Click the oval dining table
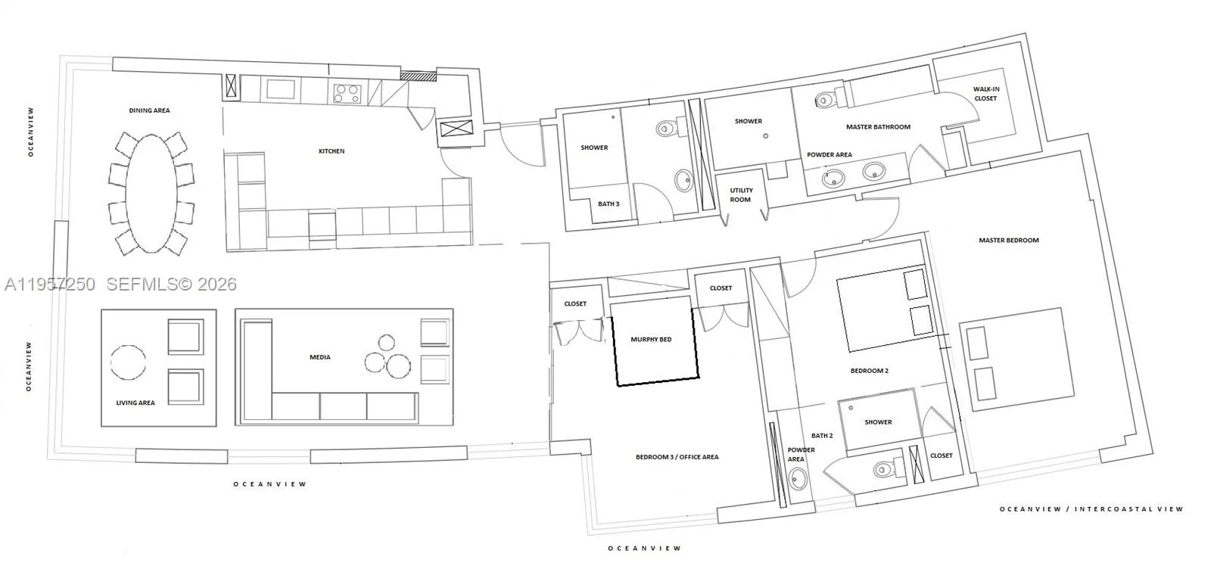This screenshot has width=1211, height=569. (x=152, y=194)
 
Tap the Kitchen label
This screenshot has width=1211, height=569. (x=332, y=151)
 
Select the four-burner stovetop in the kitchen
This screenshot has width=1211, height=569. (x=347, y=93)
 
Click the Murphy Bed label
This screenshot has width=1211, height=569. (x=651, y=339)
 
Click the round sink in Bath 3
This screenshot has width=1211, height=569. (x=684, y=181)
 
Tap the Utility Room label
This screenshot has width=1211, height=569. (x=741, y=195)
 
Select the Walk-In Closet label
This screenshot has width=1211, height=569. (x=985, y=94)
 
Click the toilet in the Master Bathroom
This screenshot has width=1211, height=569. (x=828, y=99)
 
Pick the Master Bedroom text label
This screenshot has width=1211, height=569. (x=1009, y=241)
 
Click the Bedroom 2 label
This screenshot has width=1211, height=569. (x=870, y=371)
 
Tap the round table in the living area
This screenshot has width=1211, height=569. (x=128, y=362)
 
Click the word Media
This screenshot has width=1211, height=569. (x=320, y=357)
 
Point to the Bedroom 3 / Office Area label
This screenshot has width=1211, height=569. (x=677, y=457)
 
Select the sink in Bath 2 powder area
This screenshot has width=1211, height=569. (x=798, y=479)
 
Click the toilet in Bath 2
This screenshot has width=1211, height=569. (x=889, y=469)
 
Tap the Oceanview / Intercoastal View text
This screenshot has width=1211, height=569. (x=1091, y=509)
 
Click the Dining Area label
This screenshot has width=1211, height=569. (x=149, y=110)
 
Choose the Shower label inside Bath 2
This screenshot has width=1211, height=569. (x=878, y=422)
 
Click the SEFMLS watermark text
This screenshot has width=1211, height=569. (x=171, y=284)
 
